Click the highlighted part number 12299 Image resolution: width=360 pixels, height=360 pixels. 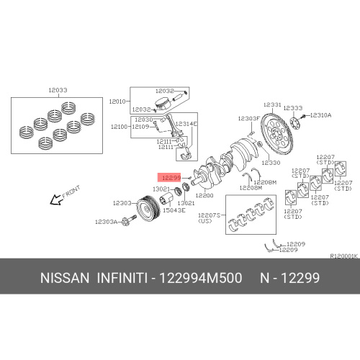171,178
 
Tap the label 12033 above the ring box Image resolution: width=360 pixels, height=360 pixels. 58,90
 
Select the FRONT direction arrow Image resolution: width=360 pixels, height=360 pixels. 56,200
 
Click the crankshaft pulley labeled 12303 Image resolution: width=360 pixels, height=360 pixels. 148,209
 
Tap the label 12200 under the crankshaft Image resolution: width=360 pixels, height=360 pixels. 204,195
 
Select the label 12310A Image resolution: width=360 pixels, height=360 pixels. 320,115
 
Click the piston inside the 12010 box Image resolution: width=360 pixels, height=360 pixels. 163,104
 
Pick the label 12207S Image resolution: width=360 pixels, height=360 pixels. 209,215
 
